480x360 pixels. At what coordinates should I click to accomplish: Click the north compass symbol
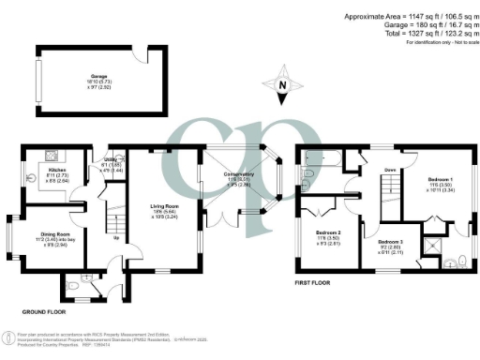[x=282, y=86]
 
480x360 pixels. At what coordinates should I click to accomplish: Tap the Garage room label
[x=99, y=77]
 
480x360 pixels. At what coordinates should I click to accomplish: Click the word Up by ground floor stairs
[x=116, y=237]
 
